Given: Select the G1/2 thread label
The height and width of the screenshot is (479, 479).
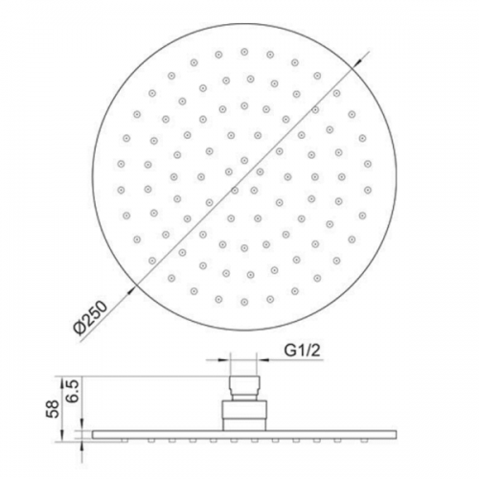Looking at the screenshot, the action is click(x=302, y=351).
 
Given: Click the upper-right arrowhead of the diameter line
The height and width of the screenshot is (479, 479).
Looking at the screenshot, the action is click(x=356, y=63).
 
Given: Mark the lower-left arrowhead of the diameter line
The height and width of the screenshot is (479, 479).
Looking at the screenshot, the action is click(x=132, y=289).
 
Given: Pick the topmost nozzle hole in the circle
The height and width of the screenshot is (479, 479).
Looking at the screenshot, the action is click(x=244, y=52).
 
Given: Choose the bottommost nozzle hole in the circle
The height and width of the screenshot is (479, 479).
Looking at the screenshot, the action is click(x=244, y=302).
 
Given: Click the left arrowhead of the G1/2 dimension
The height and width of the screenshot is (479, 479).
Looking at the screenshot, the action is click(x=224, y=360).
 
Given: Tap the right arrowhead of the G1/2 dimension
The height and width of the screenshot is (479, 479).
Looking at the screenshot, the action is click(x=262, y=360).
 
